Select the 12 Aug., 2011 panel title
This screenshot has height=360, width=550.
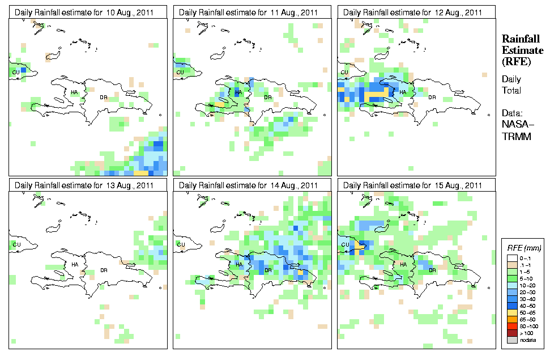click(413, 12)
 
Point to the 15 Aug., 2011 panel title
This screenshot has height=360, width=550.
click(413, 185)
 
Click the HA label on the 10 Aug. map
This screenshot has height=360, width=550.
click(74, 92)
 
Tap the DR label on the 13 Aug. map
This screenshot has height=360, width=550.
click(103, 270)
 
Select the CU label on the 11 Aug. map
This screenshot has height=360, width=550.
click(180, 72)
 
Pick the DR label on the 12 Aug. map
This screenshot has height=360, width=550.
click(432, 97)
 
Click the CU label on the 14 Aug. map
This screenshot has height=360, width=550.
click(180, 245)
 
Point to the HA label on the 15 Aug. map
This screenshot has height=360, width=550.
click(404, 264)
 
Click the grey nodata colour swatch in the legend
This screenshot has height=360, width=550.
click(511, 340)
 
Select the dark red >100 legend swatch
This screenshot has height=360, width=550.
click(511, 333)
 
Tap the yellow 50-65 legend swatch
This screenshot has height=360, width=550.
click(511, 312)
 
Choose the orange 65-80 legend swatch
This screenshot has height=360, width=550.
click(511, 319)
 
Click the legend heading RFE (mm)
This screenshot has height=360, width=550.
click(524, 248)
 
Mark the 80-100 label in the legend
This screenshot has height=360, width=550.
click(527, 326)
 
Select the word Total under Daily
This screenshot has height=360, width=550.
click(512, 90)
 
